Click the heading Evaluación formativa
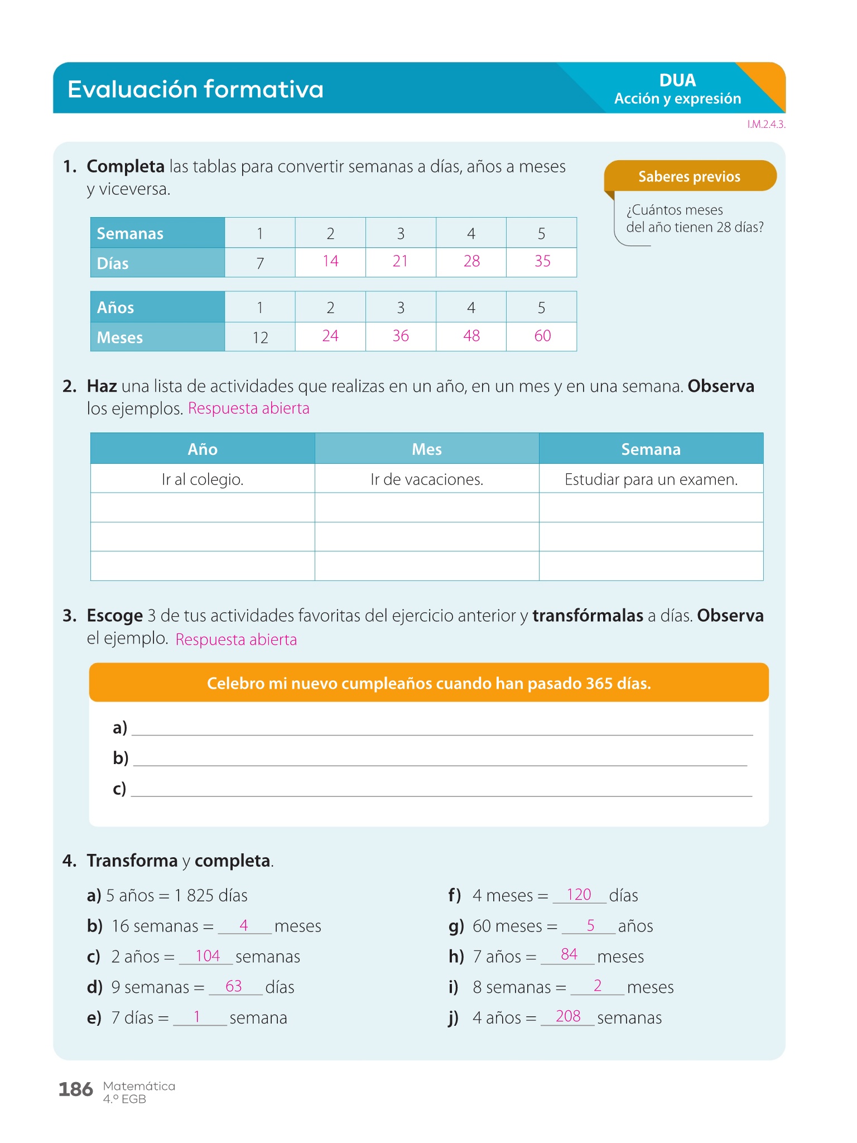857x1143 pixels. point(195,89)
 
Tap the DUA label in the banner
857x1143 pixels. point(677,80)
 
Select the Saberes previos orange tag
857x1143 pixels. point(689,176)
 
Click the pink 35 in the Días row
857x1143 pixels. point(542,261)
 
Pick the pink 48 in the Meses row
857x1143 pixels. point(471,336)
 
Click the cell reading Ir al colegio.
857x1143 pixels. point(203,479)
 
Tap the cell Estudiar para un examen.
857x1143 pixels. point(651,479)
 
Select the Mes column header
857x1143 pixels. point(427,449)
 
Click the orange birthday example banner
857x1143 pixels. point(428,683)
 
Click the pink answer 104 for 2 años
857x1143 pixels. point(208,956)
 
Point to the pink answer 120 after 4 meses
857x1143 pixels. point(579,895)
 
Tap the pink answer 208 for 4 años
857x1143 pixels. point(568,1016)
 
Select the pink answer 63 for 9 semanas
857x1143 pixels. point(234,986)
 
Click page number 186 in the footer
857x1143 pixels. point(76,1089)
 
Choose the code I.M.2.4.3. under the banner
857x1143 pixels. point(766,124)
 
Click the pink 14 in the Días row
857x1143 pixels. point(330,261)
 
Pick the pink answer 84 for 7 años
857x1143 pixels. point(569,954)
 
